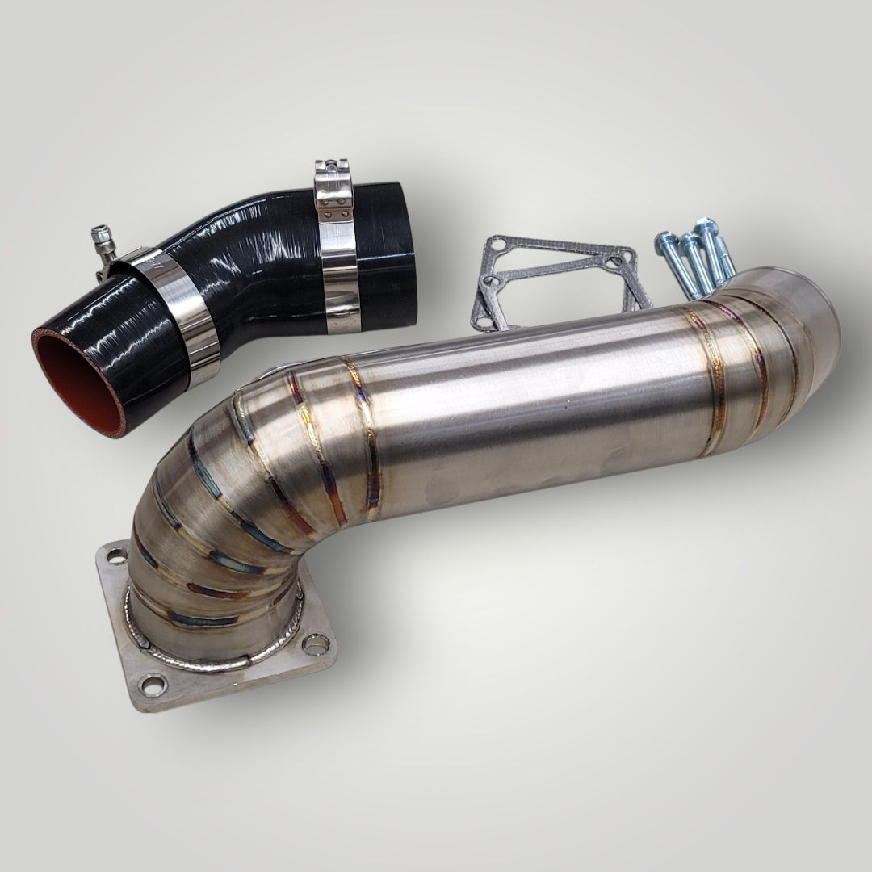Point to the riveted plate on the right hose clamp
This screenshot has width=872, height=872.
click(x=334, y=206)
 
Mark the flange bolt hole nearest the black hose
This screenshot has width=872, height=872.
click(x=116, y=556)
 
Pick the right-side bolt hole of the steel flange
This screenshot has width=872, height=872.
click(x=316, y=644)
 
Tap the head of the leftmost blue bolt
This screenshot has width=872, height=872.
click(x=664, y=240)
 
